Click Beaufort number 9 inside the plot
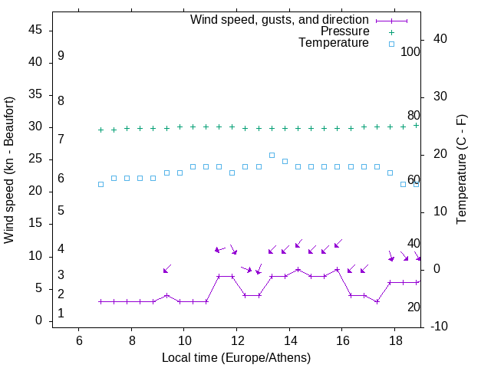click(x=61, y=56)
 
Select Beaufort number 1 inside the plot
click(x=61, y=314)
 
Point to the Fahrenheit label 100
click(x=410, y=52)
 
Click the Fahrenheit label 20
click(x=414, y=307)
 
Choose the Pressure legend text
click(x=344, y=31)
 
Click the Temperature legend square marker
click(x=391, y=44)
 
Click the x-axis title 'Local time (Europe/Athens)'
click(x=236, y=357)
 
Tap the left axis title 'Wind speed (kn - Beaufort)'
click(x=9, y=170)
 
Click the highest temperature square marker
click(x=272, y=155)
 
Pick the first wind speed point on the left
click(x=101, y=301)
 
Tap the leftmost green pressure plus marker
click(x=101, y=130)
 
